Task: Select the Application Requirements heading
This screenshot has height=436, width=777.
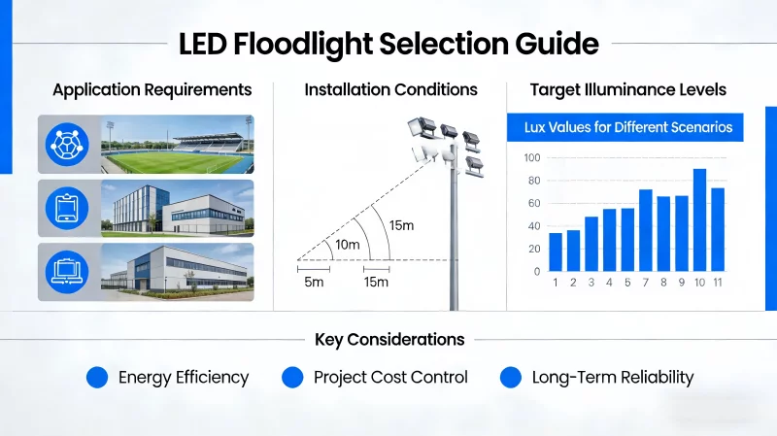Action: click(x=152, y=89)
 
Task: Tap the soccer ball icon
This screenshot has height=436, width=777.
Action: click(x=67, y=145)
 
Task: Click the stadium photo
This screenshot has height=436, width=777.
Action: click(x=177, y=145)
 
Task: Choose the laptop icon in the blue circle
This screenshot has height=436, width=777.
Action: click(x=67, y=271)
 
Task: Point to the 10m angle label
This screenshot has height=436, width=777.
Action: click(x=347, y=245)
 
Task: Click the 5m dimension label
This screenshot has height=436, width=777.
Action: click(x=313, y=282)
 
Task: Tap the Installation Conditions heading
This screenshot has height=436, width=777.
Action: click(x=390, y=89)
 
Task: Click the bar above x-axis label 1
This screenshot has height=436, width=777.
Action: click(x=556, y=252)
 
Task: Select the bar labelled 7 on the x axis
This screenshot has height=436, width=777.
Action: click(x=646, y=230)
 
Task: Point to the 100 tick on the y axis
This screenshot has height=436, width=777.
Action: click(x=531, y=158)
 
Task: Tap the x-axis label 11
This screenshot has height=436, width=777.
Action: click(x=718, y=283)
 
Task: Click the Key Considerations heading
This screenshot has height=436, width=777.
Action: click(x=389, y=340)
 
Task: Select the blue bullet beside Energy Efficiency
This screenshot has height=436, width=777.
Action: click(x=96, y=378)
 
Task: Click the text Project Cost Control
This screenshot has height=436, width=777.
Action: click(x=390, y=378)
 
